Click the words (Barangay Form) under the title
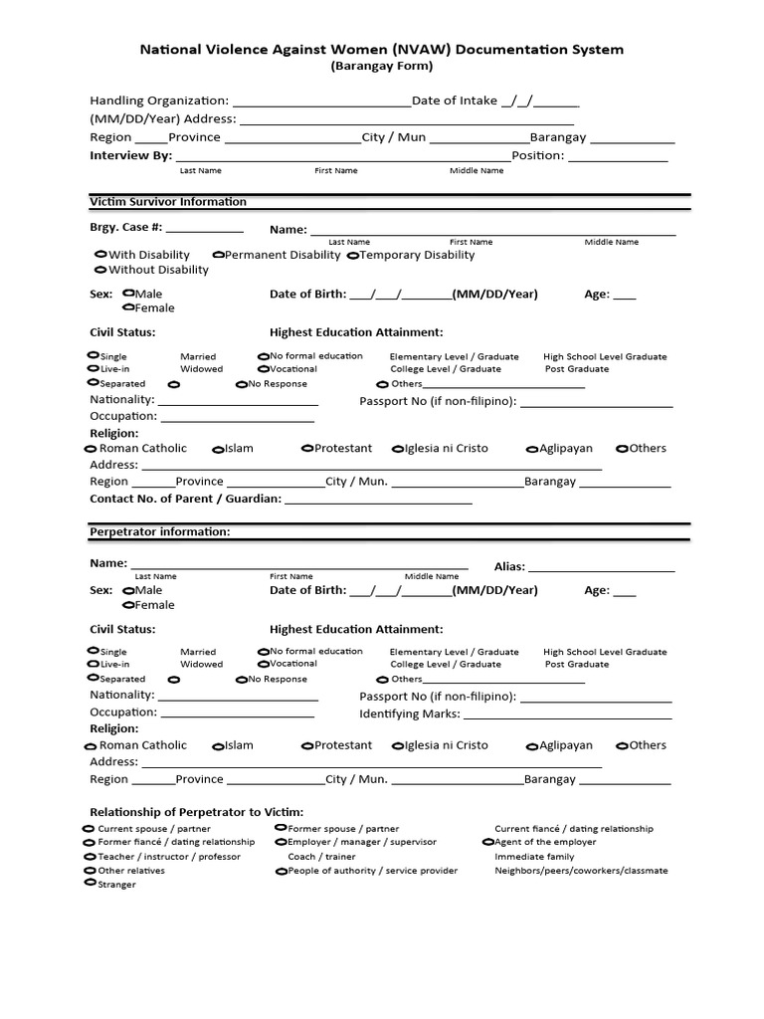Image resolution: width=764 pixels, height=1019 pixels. tap(382, 67)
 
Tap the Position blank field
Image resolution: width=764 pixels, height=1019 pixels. tap(618, 157)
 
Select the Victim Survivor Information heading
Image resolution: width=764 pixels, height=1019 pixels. tap(168, 202)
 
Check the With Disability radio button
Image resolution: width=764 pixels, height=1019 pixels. tap(100, 255)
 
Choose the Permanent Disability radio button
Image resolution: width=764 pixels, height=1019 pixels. tap(218, 255)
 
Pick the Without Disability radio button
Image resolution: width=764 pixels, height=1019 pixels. tap(100, 270)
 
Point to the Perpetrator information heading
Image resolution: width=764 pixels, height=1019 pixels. tap(160, 532)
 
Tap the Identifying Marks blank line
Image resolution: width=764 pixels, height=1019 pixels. tap(567, 715)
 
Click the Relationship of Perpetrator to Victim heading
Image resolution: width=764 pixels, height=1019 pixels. tap(197, 812)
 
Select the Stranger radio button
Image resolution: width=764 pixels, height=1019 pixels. tap(89, 885)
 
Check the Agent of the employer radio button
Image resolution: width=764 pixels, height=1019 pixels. tap(487, 842)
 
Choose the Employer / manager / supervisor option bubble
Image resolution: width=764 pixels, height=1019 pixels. tap(281, 842)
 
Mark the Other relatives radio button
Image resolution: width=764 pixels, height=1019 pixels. tap(89, 871)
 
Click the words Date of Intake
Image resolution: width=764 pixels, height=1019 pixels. tap(455, 101)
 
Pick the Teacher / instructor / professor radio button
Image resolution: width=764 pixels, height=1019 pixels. tap(89, 857)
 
